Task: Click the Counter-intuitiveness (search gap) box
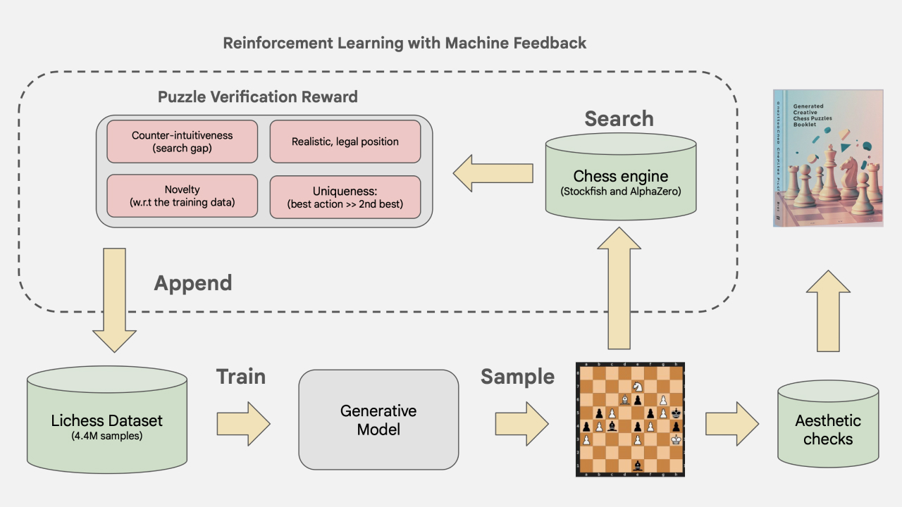182,142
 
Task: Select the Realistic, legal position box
345,142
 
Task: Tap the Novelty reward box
182,196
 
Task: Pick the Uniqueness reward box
345,196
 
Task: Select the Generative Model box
378,420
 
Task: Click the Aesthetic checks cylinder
828,427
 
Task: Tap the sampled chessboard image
630,420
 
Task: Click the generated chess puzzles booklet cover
828,158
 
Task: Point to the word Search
619,119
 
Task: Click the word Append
192,283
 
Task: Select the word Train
240,377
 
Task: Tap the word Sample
517,377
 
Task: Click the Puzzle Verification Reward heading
257,97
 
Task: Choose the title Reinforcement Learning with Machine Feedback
404,43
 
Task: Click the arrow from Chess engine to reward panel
493,173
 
